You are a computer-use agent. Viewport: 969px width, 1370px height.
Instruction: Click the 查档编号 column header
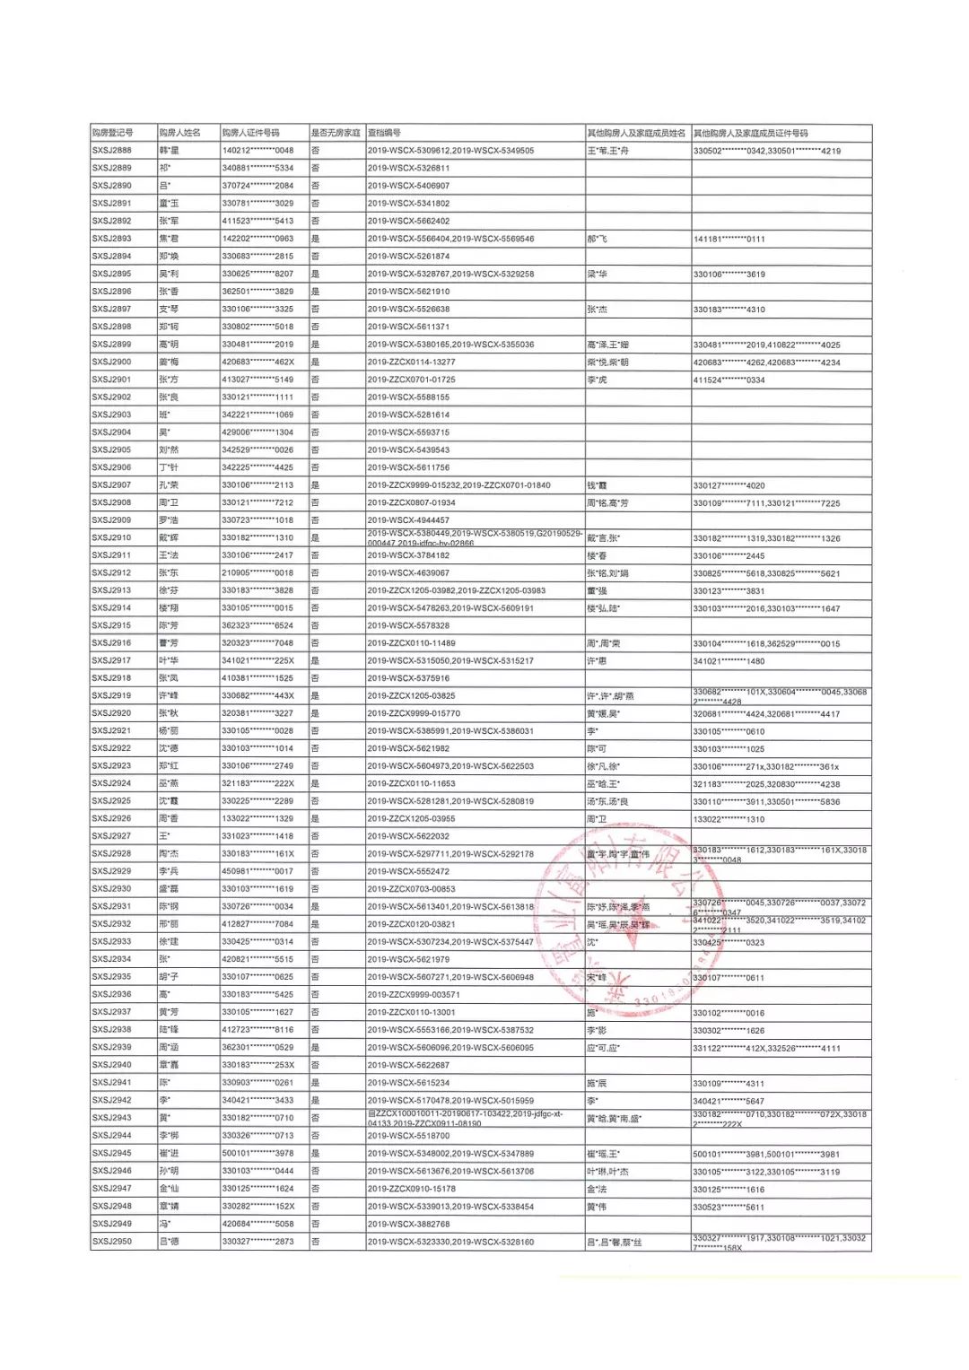click(384, 133)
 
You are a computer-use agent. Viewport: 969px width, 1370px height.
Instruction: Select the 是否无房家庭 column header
click(335, 133)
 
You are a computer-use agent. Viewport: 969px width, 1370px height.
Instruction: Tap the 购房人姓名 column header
click(179, 133)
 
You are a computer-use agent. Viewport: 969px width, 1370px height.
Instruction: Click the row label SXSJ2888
click(112, 151)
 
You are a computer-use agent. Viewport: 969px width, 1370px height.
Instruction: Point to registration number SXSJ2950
click(112, 1242)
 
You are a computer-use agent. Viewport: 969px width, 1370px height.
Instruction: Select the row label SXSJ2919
click(112, 696)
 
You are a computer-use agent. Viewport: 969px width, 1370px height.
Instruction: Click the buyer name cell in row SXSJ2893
click(169, 239)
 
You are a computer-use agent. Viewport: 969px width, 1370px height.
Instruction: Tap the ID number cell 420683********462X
click(258, 362)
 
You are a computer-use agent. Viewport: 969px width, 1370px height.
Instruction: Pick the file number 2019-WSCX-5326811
click(408, 168)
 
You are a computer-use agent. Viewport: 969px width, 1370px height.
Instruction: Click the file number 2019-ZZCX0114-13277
click(411, 362)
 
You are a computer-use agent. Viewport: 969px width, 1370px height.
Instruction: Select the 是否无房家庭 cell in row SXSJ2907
click(315, 485)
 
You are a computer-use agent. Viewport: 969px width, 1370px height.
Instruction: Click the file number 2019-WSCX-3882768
click(408, 1224)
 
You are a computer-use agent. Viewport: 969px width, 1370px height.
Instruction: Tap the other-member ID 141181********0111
click(729, 239)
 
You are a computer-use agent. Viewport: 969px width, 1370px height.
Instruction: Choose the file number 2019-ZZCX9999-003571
click(414, 995)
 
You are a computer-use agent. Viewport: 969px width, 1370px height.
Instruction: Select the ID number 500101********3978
click(258, 1154)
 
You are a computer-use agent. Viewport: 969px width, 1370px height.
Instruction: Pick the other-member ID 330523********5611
click(729, 1207)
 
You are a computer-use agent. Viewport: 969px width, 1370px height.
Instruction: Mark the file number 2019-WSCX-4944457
click(408, 520)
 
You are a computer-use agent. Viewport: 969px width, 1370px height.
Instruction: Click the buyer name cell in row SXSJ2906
click(169, 467)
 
